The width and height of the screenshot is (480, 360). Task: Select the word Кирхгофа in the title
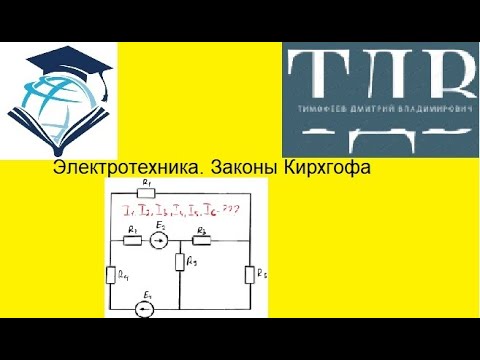[326, 170]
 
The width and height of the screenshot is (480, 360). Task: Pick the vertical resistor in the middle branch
[178, 263]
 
